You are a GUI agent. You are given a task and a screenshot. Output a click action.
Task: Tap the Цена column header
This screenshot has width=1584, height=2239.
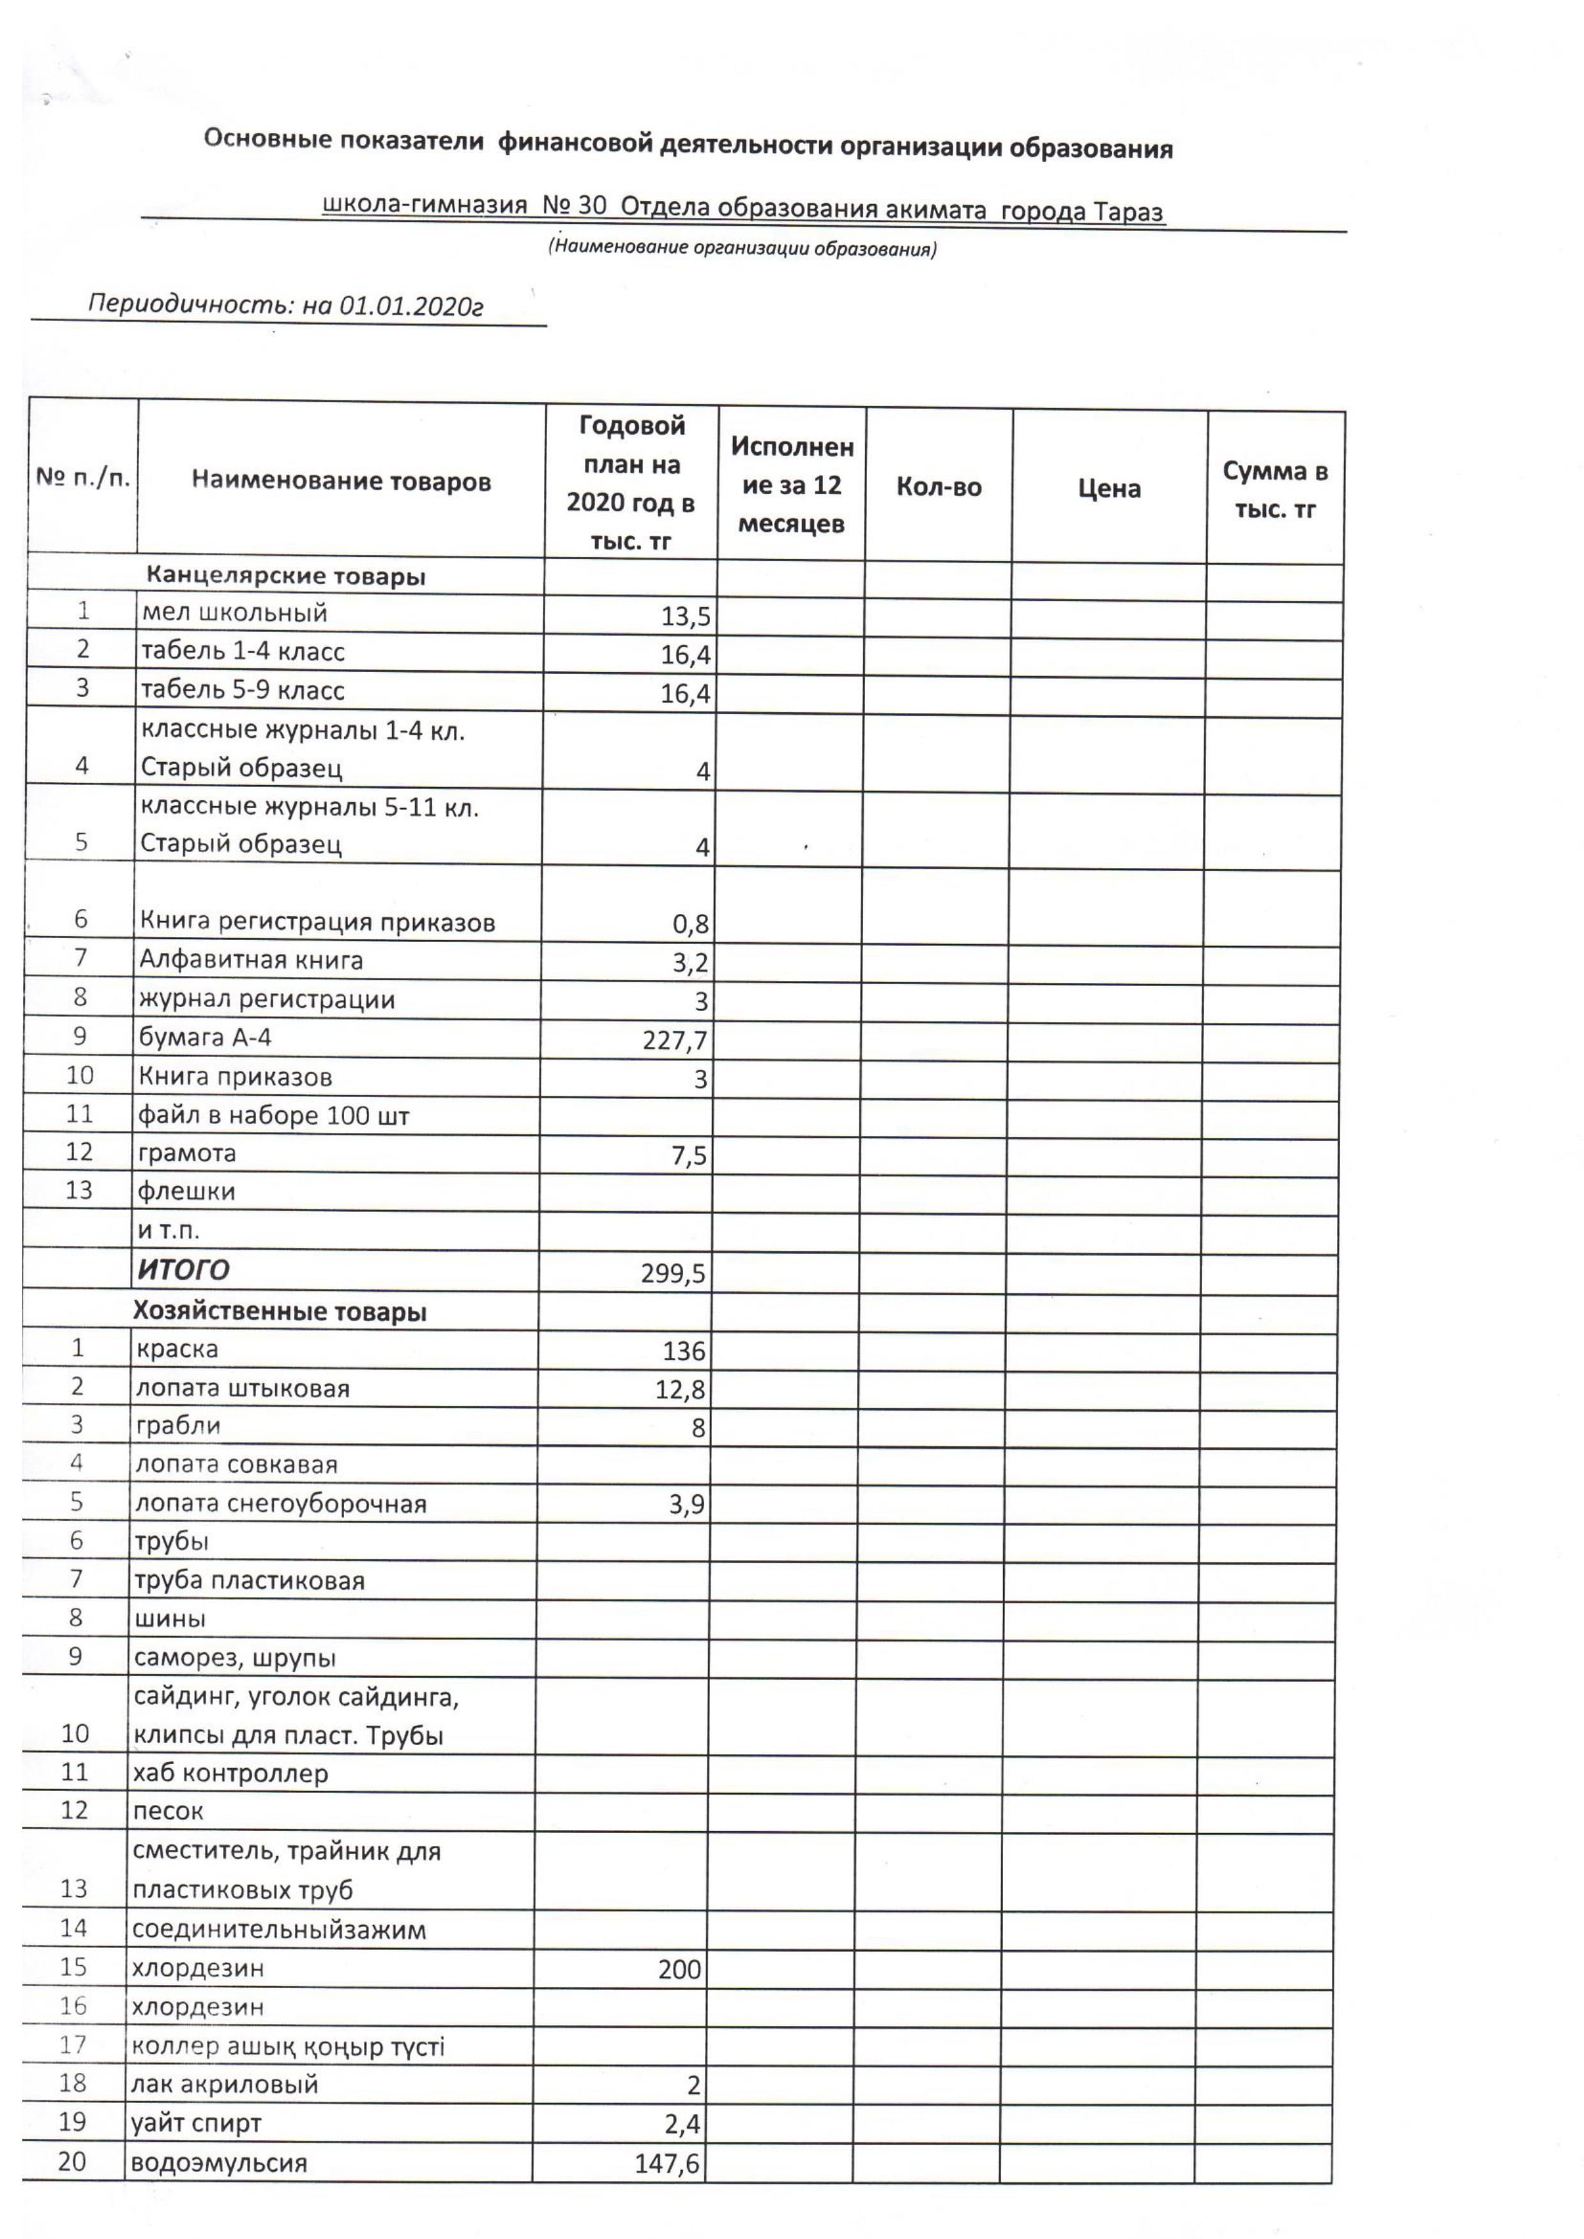click(x=1109, y=488)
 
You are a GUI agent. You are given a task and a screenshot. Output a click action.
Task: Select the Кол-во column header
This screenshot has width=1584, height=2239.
click(x=939, y=486)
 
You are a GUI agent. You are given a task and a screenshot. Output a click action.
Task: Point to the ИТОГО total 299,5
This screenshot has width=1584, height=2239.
click(x=673, y=1273)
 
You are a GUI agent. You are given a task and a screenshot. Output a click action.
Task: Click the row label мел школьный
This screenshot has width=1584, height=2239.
click(x=234, y=613)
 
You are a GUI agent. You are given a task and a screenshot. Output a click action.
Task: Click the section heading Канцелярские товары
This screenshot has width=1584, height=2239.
click(x=286, y=576)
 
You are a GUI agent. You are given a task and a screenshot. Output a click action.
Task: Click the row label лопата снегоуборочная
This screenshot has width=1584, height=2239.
click(x=281, y=1504)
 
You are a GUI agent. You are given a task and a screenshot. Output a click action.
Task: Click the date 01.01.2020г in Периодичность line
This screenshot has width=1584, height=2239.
click(x=411, y=306)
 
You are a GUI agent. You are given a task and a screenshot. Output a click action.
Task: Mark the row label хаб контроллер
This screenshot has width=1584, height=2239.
click(x=230, y=1773)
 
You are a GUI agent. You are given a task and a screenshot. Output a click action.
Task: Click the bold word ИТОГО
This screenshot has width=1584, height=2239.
click(x=183, y=1269)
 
